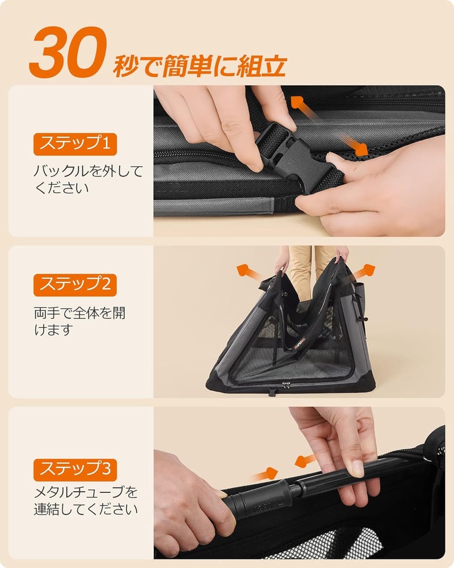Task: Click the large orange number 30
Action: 68,52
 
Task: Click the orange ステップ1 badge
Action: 75,144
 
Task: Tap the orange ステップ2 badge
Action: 75,285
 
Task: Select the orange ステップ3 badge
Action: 75,470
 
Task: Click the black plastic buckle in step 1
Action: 293,155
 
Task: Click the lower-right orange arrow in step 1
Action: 354,145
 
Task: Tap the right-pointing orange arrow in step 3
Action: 266,474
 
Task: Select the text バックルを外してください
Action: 89,179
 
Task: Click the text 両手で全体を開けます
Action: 79,321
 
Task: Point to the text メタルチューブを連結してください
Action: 86,500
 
